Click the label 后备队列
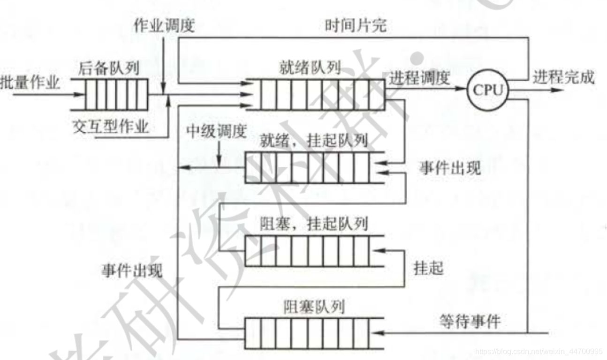[109, 69]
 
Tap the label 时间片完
[356, 26]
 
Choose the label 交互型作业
[111, 127]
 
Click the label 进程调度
[419, 78]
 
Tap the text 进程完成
[563, 77]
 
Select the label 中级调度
[216, 132]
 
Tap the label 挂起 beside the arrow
[428, 268]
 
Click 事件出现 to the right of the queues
[449, 168]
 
